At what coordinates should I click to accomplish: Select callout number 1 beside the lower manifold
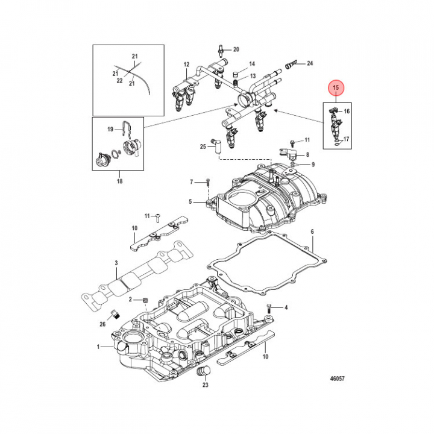pyautogui.click(x=99, y=347)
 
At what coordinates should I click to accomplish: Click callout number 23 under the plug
pyautogui.click(x=206, y=384)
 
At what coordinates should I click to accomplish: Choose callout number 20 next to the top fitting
pyautogui.click(x=236, y=49)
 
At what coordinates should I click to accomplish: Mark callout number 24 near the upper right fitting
pyautogui.click(x=310, y=63)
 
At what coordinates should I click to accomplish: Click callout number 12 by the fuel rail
pyautogui.click(x=187, y=64)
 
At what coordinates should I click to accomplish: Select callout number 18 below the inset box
pyautogui.click(x=119, y=181)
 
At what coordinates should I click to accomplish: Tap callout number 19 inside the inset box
pyautogui.click(x=111, y=129)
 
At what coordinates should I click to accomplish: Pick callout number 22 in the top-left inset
pyautogui.click(x=119, y=81)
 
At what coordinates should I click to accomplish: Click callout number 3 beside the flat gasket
pyautogui.click(x=117, y=263)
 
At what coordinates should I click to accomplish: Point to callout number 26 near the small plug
pyautogui.click(x=102, y=324)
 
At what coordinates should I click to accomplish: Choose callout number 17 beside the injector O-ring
pyautogui.click(x=347, y=139)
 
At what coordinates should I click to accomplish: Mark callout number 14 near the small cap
pyautogui.click(x=252, y=64)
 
